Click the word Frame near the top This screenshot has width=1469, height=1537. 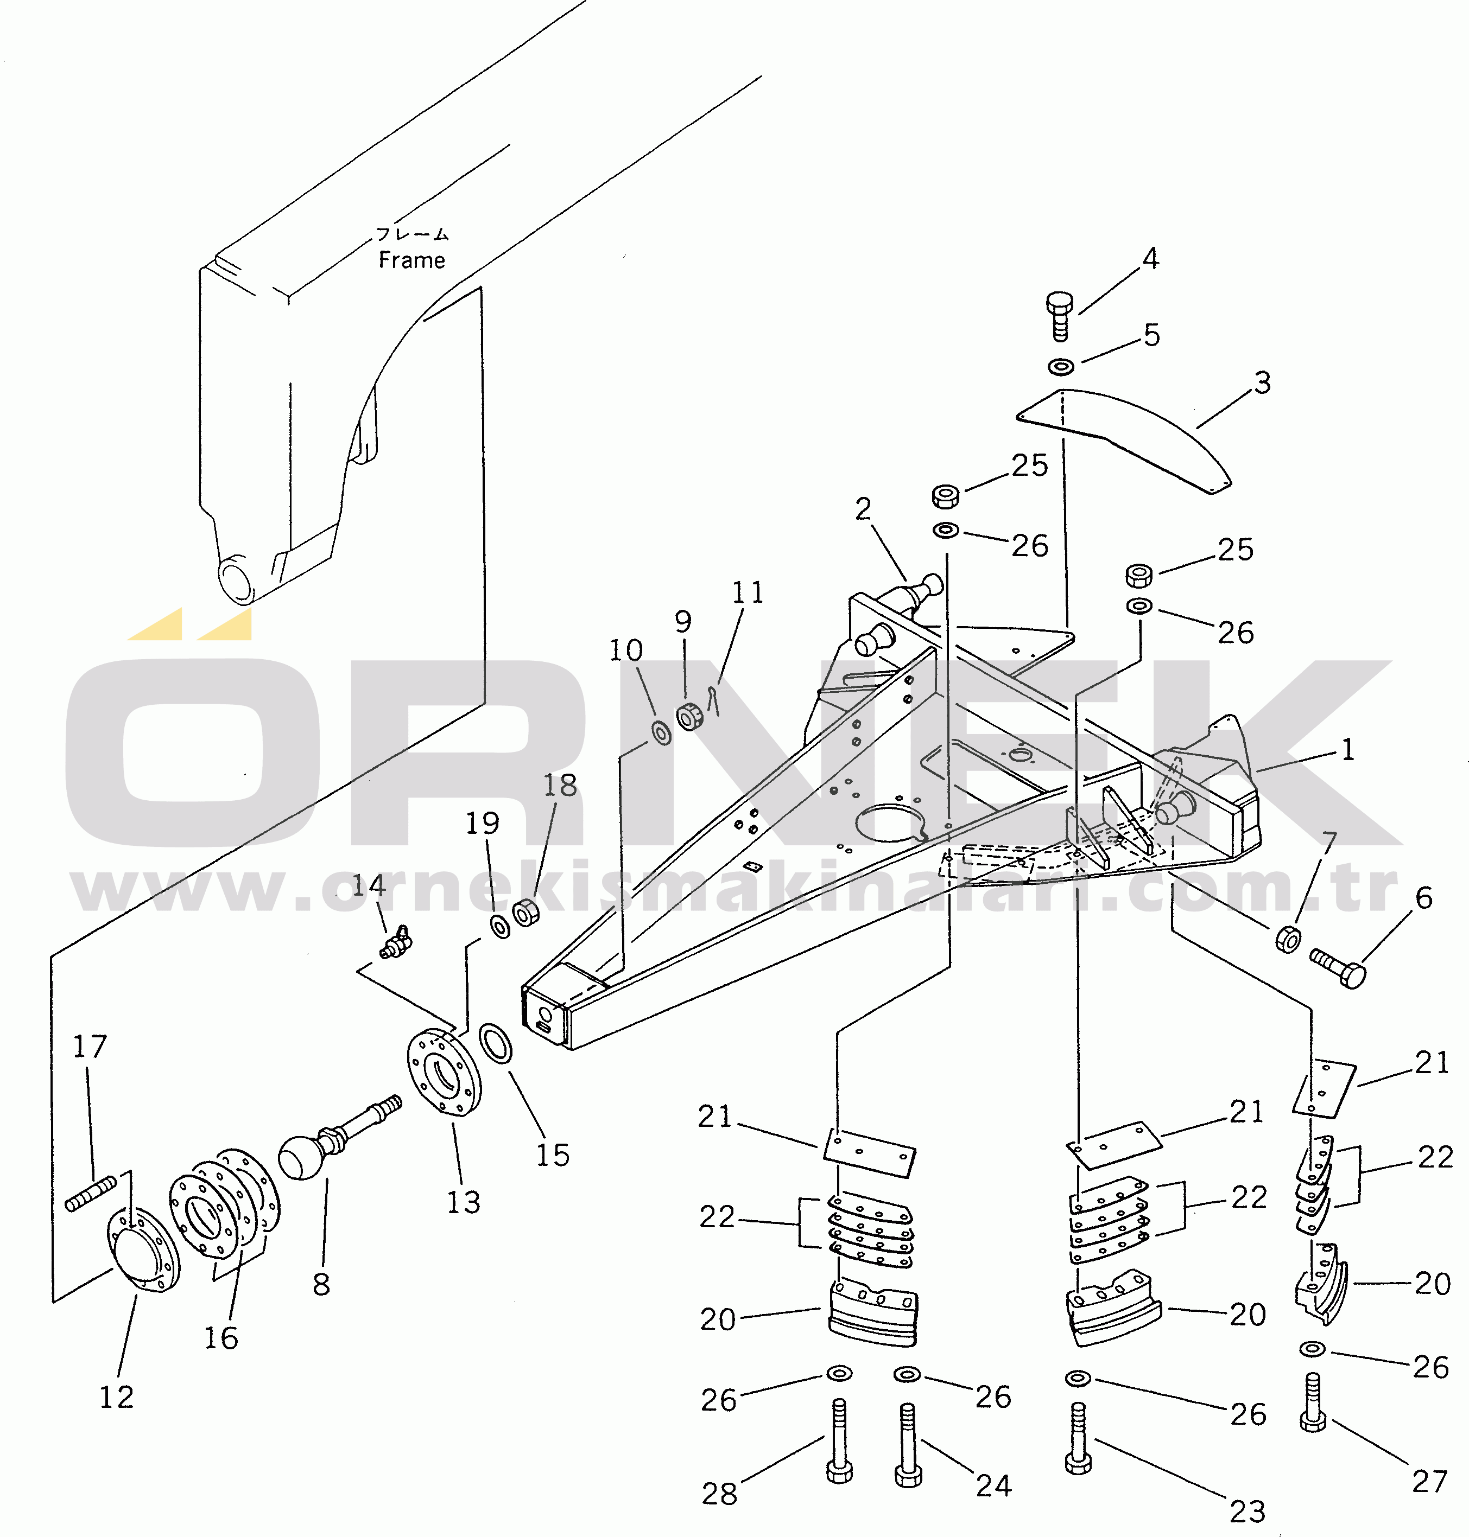click(412, 260)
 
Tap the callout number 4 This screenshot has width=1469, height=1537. click(1150, 259)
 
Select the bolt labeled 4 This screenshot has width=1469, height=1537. click(1060, 315)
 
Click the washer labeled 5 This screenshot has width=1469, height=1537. click(1061, 366)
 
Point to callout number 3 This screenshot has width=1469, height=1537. click(1262, 382)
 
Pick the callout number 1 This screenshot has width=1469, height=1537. click(1347, 750)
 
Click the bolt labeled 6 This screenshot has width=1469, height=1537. click(1340, 966)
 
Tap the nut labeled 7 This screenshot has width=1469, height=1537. click(1288, 939)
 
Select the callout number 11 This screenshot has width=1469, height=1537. click(747, 592)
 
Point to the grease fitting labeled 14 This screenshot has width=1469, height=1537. click(395, 943)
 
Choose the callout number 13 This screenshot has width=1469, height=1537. click(463, 1202)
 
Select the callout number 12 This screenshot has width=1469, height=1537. click(116, 1397)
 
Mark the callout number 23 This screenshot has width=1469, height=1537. click(1248, 1511)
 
